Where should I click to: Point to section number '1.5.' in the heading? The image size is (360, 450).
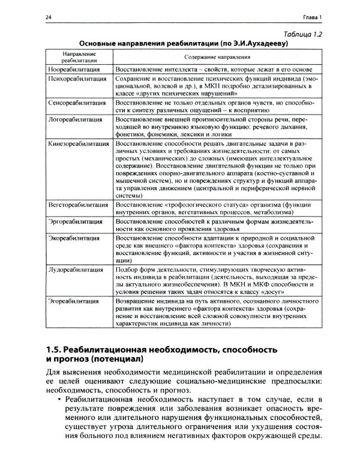point(56,349)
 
